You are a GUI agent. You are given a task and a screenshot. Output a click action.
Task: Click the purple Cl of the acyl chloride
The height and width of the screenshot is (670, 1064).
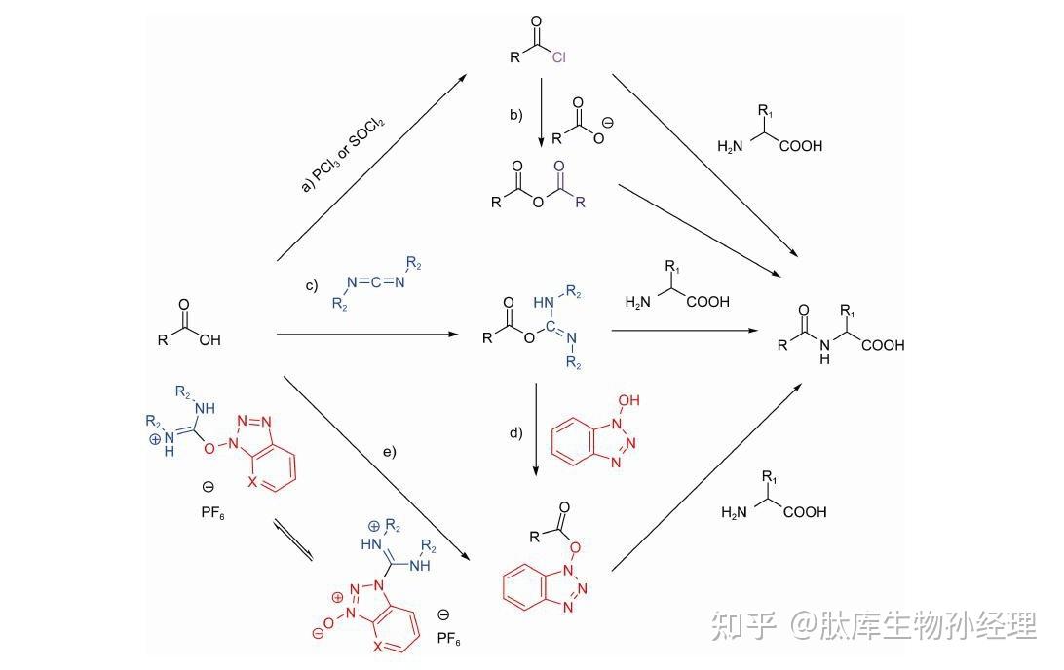(559, 58)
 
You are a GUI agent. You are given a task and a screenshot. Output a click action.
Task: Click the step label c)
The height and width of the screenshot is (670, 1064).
(312, 285)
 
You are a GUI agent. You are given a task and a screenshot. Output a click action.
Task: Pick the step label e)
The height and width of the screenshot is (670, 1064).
(390, 451)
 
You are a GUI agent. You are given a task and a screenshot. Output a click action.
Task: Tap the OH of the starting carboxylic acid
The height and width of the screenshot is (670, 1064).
(209, 340)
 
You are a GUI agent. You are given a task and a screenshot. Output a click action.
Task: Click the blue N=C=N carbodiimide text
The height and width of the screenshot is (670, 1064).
(376, 282)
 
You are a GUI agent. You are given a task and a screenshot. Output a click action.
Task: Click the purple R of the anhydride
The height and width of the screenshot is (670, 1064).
(580, 203)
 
